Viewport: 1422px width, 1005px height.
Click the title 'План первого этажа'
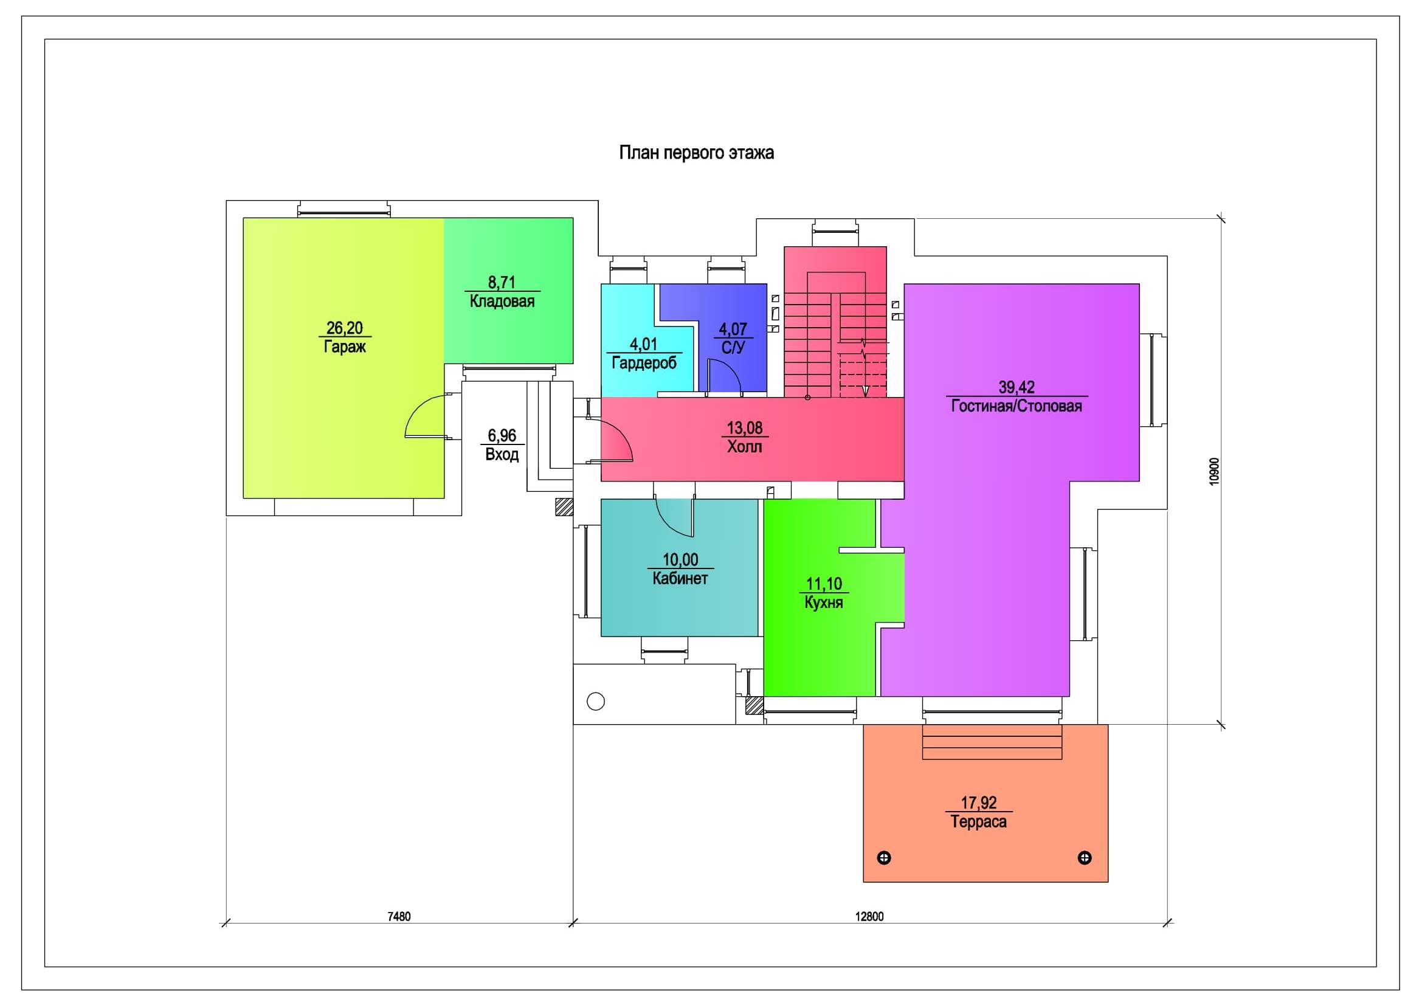tap(696, 153)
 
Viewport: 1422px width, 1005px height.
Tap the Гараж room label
tap(344, 346)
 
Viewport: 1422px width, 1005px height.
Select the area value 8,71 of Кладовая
tap(502, 282)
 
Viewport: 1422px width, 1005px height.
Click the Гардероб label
tap(644, 363)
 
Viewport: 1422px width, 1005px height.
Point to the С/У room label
tap(733, 347)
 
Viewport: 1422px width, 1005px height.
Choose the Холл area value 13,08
tap(745, 428)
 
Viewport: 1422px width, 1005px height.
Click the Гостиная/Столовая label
tap(1016, 406)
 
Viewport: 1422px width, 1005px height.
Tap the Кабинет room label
tap(680, 578)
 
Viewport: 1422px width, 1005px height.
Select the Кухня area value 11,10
tap(824, 584)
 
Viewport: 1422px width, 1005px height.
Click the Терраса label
tap(979, 822)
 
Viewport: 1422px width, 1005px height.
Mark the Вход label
tap(502, 455)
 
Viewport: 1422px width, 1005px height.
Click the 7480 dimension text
tap(399, 916)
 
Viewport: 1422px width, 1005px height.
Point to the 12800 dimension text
tap(869, 916)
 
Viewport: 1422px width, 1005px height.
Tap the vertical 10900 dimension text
tap(1215, 471)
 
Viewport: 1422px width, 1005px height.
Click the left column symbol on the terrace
tap(885, 858)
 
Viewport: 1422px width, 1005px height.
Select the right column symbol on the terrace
tap(1085, 858)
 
